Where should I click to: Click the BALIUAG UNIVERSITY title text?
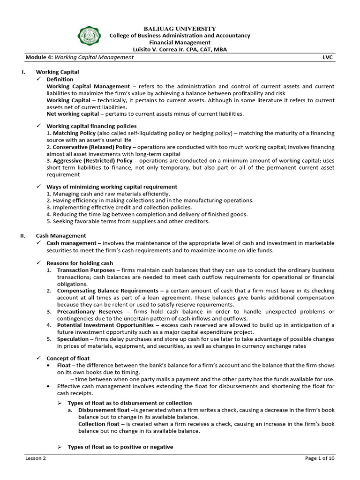pos(180,29)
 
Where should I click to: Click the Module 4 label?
pos(39,57)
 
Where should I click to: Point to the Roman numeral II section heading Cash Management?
pos(61,236)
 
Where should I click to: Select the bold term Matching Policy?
pos(72,133)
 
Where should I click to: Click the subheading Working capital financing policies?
pos(91,126)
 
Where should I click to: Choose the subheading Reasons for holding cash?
pos(80,263)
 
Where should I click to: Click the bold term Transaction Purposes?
pos(86,270)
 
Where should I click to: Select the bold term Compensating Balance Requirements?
pos(108,291)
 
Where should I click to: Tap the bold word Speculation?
pos(73,339)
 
